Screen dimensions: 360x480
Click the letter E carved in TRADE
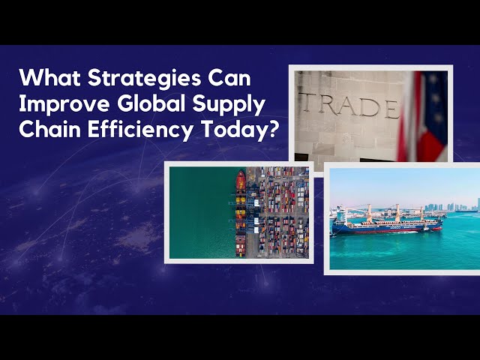pos(391,109)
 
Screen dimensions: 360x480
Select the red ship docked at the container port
pos(241,183)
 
